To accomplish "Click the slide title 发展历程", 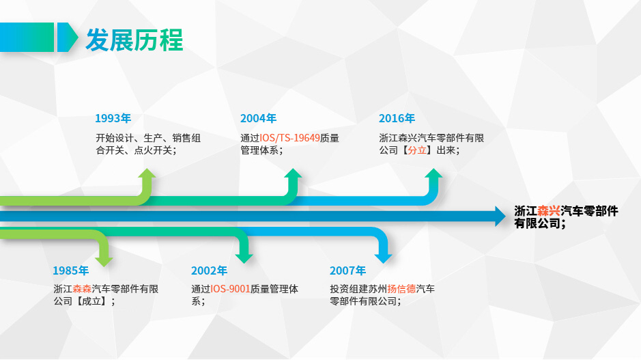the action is pos(134,40).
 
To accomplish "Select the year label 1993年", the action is pos(113,118).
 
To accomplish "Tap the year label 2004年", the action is pos(258,118).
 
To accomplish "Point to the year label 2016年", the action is pos(397,118).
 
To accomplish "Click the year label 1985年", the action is pos(71,271).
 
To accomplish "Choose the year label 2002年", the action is pos(209,271).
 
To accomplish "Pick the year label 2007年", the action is pos(347,271).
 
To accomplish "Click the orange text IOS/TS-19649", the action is pos(289,138).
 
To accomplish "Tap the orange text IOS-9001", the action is pos(230,289).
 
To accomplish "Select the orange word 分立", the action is pos(417,150).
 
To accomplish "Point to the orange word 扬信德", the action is pos(401,289).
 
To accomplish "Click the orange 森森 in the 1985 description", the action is pos(82,289).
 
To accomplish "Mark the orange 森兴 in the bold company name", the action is pos(549,211).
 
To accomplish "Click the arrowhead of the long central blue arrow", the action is pos(500,217).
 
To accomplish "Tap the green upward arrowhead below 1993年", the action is pos(147,173).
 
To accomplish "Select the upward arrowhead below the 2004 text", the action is pos(293,173).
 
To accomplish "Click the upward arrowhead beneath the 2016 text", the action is pos(433,173).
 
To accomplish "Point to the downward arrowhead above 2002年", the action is pos(244,258).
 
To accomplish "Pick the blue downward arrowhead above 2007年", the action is pos(383,258).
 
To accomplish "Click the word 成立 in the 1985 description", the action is pos(91,301).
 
